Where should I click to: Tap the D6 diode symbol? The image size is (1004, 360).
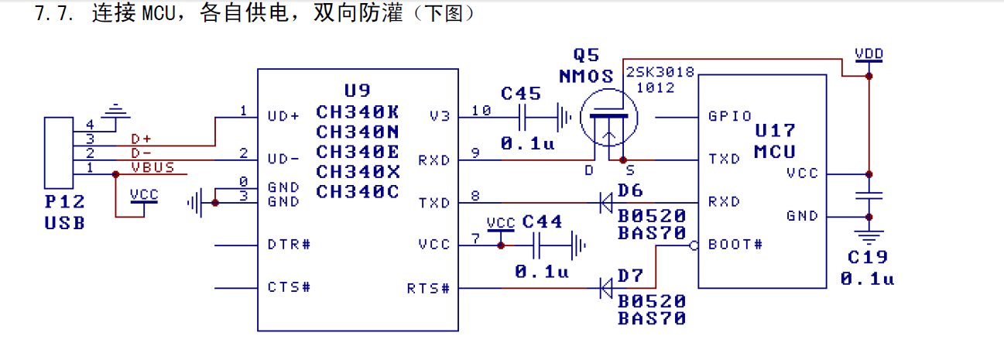tap(606, 204)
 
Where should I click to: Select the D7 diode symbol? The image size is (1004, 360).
tap(606, 289)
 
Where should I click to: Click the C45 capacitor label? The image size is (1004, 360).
tap(521, 94)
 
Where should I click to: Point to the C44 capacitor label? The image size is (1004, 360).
tap(542, 221)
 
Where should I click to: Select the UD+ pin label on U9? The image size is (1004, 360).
tap(283, 116)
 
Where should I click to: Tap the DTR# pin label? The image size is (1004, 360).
tap(289, 245)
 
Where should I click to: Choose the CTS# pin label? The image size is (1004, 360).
tap(289, 287)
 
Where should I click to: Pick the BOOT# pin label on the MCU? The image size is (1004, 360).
tap(735, 245)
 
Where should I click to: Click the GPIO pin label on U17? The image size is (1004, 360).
tap(730, 116)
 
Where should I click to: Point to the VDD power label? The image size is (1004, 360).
tap(869, 54)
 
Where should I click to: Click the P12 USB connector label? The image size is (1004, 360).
tap(64, 202)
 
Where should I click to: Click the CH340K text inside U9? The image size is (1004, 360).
tap(358, 111)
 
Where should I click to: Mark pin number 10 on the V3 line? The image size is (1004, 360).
tap(481, 111)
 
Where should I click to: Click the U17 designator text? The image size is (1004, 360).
tap(776, 131)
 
